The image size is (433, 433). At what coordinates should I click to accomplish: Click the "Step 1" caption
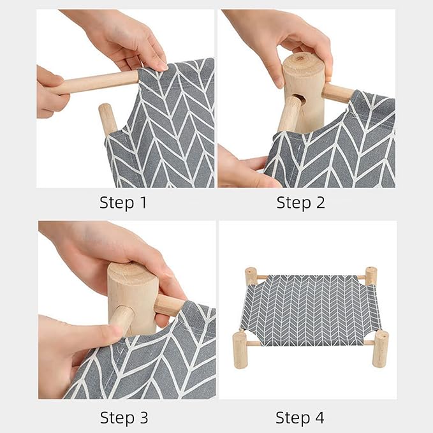point(123,203)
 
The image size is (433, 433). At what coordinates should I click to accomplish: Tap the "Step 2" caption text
point(300,203)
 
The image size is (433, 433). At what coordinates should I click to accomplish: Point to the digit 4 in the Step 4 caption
point(319,418)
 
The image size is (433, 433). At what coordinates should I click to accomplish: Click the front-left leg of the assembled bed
point(240,349)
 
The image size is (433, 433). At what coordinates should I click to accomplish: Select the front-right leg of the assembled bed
point(380,348)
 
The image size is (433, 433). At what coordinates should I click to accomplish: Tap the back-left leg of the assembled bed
point(251,276)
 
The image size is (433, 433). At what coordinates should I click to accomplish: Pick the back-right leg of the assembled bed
point(371,275)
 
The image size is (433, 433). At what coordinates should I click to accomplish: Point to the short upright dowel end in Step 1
point(107,118)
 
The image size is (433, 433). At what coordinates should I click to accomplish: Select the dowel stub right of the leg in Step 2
point(337,93)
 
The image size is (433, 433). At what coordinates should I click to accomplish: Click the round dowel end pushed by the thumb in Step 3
point(122,319)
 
